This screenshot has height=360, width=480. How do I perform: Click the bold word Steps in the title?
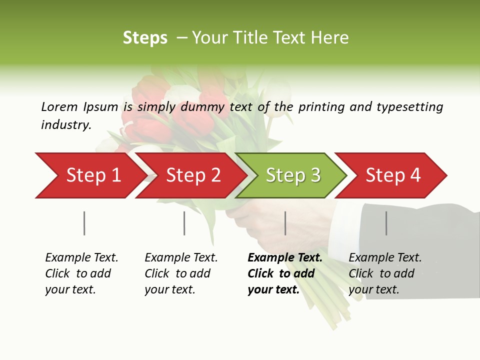coord(145,38)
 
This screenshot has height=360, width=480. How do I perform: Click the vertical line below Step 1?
coord(84,223)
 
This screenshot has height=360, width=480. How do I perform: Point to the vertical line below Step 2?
coord(184,223)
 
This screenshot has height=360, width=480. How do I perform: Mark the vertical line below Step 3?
coord(285,223)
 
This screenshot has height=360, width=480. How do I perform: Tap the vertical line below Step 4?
coord(386,223)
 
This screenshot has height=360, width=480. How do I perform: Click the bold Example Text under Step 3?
coord(285,258)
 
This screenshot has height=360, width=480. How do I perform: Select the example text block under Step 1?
coord(81,273)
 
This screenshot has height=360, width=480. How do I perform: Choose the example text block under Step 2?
coord(181,273)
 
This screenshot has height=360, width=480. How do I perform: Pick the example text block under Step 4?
coord(385,273)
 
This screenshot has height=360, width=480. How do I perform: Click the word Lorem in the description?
coord(59,106)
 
